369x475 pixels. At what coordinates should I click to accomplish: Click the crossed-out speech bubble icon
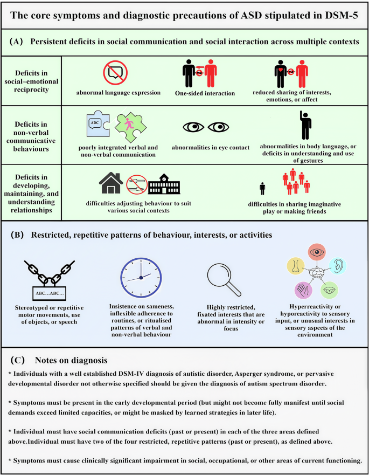115,73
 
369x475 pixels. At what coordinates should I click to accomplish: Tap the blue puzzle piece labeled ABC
98,125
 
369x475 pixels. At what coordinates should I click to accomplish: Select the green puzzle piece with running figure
130,127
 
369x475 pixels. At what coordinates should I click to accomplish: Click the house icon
111,183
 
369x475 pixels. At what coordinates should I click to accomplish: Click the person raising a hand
305,125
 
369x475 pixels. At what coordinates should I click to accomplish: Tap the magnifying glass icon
224,279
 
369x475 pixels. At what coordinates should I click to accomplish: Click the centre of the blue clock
141,278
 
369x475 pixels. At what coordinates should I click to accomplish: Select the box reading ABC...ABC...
50,293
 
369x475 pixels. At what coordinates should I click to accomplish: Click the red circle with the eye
317,252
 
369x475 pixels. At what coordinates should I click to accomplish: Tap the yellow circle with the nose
295,266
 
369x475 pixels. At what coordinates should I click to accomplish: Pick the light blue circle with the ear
338,266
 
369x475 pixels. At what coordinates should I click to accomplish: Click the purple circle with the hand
303,290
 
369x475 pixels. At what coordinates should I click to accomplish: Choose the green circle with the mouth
329,290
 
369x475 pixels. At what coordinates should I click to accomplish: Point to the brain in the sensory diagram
317,272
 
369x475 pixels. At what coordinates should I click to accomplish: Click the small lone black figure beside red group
262,188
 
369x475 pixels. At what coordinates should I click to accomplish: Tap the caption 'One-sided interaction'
205,93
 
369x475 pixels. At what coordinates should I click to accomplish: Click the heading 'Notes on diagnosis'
71,360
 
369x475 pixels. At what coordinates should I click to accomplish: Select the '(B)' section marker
17,235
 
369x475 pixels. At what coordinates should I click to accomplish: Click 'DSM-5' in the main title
342,16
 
